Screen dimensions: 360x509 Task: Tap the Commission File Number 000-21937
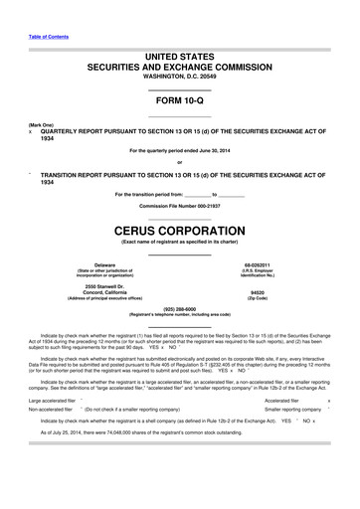[x=179, y=205]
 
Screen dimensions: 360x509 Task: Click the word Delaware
[x=104, y=264]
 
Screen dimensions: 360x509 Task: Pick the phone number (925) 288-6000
[x=179, y=307]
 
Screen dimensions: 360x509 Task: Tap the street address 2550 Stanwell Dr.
[x=104, y=285]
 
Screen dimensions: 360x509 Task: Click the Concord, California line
[x=104, y=292]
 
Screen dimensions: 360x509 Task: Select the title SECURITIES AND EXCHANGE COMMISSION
[x=179, y=65]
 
